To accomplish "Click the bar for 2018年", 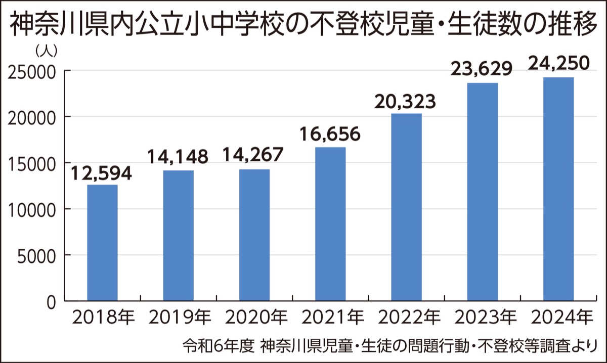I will [x=102, y=243].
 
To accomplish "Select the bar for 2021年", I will [x=330, y=224].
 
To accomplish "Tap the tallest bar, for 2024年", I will [x=558, y=189].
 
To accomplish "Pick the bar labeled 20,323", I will [x=406, y=207].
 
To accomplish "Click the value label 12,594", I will [x=101, y=173].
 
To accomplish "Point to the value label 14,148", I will [x=178, y=158].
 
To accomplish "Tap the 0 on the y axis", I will [x=51, y=301].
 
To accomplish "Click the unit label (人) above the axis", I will [x=47, y=51].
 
